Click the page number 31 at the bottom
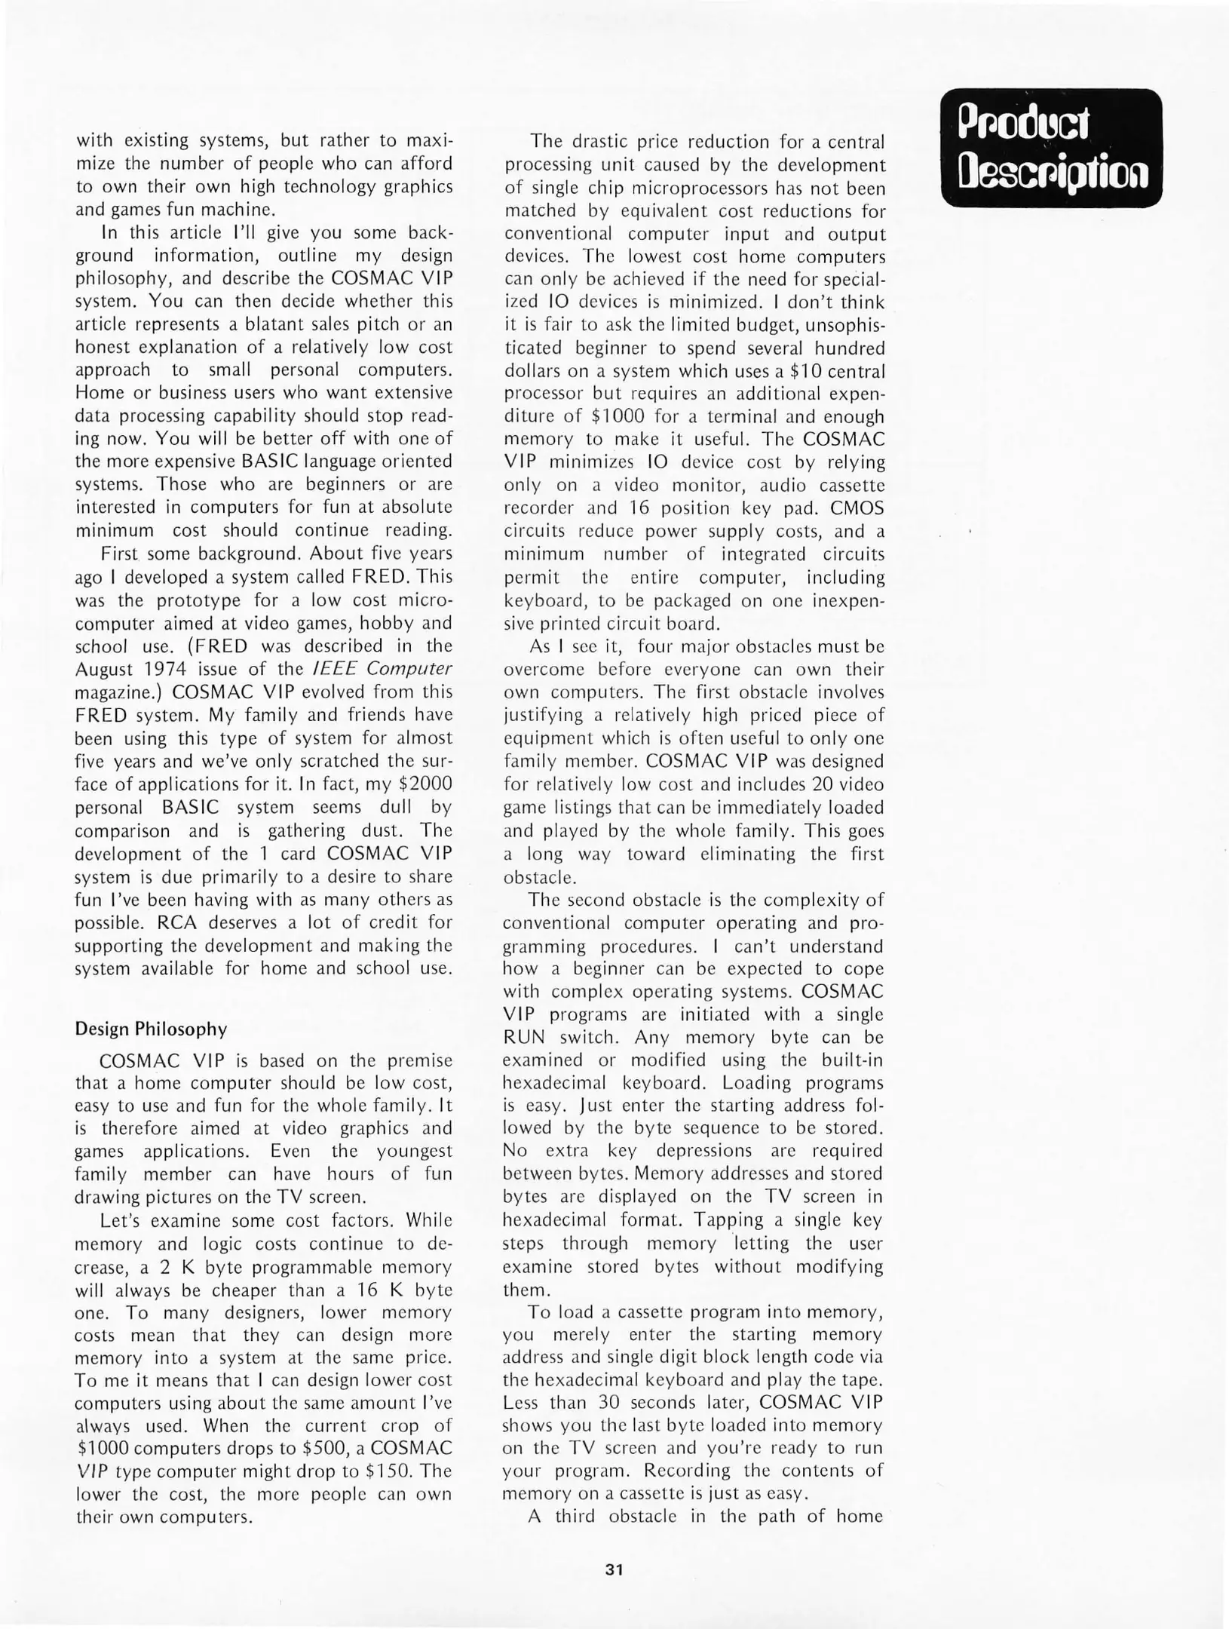point(614,1569)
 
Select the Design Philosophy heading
point(151,1029)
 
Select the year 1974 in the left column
point(164,669)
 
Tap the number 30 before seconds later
point(608,1402)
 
